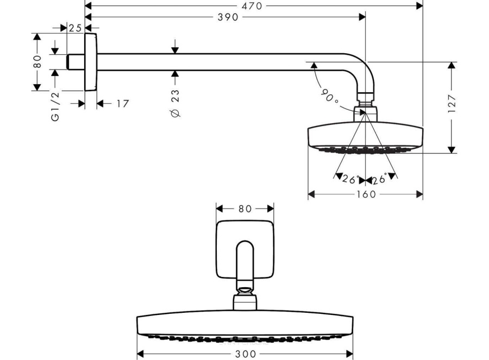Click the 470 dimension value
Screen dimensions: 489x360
252,5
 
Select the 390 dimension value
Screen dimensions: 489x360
228,17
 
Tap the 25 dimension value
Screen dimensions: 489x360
75,28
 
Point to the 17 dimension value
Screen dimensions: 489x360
123,104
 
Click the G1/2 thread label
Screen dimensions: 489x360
55,106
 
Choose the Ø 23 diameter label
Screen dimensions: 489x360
175,103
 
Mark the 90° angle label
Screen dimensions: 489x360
330,96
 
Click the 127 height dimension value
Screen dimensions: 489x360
452,103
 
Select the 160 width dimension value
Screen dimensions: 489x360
366,194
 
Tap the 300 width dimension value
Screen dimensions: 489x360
246,354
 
